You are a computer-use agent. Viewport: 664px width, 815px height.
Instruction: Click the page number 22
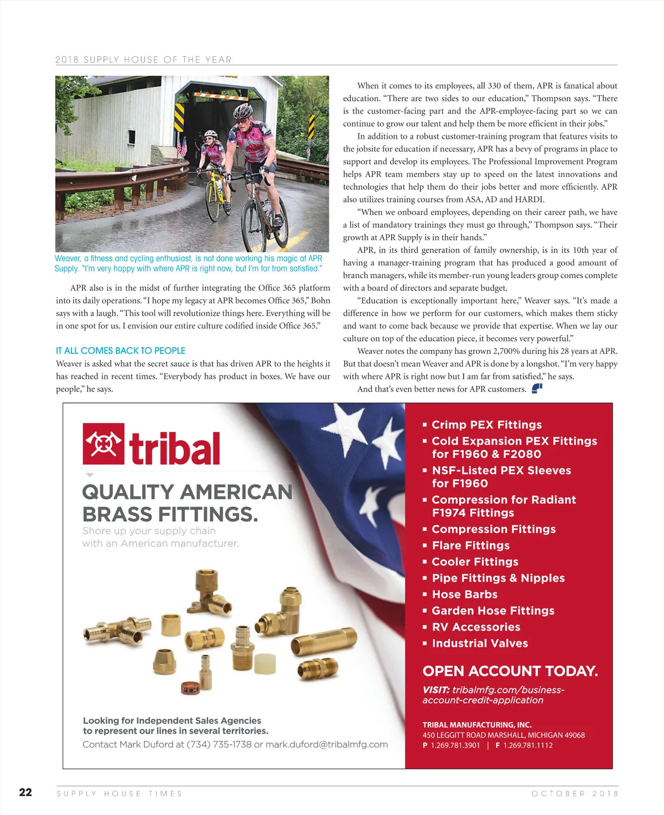(25, 792)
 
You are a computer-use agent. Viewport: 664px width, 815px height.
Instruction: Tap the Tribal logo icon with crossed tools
(103, 443)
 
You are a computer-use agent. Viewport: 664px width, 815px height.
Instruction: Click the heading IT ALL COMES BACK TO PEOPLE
(121, 351)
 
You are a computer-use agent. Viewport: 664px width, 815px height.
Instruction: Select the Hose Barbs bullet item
(464, 594)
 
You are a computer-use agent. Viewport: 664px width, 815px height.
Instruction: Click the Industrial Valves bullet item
(480, 643)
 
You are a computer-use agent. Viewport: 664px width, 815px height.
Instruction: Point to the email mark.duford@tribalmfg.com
(326, 744)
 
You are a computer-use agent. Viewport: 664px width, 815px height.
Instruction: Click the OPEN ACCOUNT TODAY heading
(510, 671)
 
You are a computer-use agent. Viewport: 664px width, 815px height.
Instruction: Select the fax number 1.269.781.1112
(528, 745)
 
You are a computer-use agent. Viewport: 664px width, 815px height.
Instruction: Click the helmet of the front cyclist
(243, 111)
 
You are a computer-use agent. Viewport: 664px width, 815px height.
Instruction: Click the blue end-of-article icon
(537, 389)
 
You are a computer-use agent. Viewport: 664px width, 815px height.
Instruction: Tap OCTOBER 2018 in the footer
(574, 793)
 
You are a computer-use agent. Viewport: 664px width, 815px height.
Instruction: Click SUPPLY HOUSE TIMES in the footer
(120, 793)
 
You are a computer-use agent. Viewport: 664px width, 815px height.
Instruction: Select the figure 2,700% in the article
(507, 351)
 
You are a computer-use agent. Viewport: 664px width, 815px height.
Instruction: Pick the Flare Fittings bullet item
(470, 545)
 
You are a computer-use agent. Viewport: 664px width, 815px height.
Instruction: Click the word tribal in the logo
(175, 448)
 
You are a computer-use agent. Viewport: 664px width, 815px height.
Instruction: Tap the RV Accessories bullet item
(476, 627)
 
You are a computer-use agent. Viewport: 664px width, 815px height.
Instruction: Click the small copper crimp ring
(191, 688)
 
